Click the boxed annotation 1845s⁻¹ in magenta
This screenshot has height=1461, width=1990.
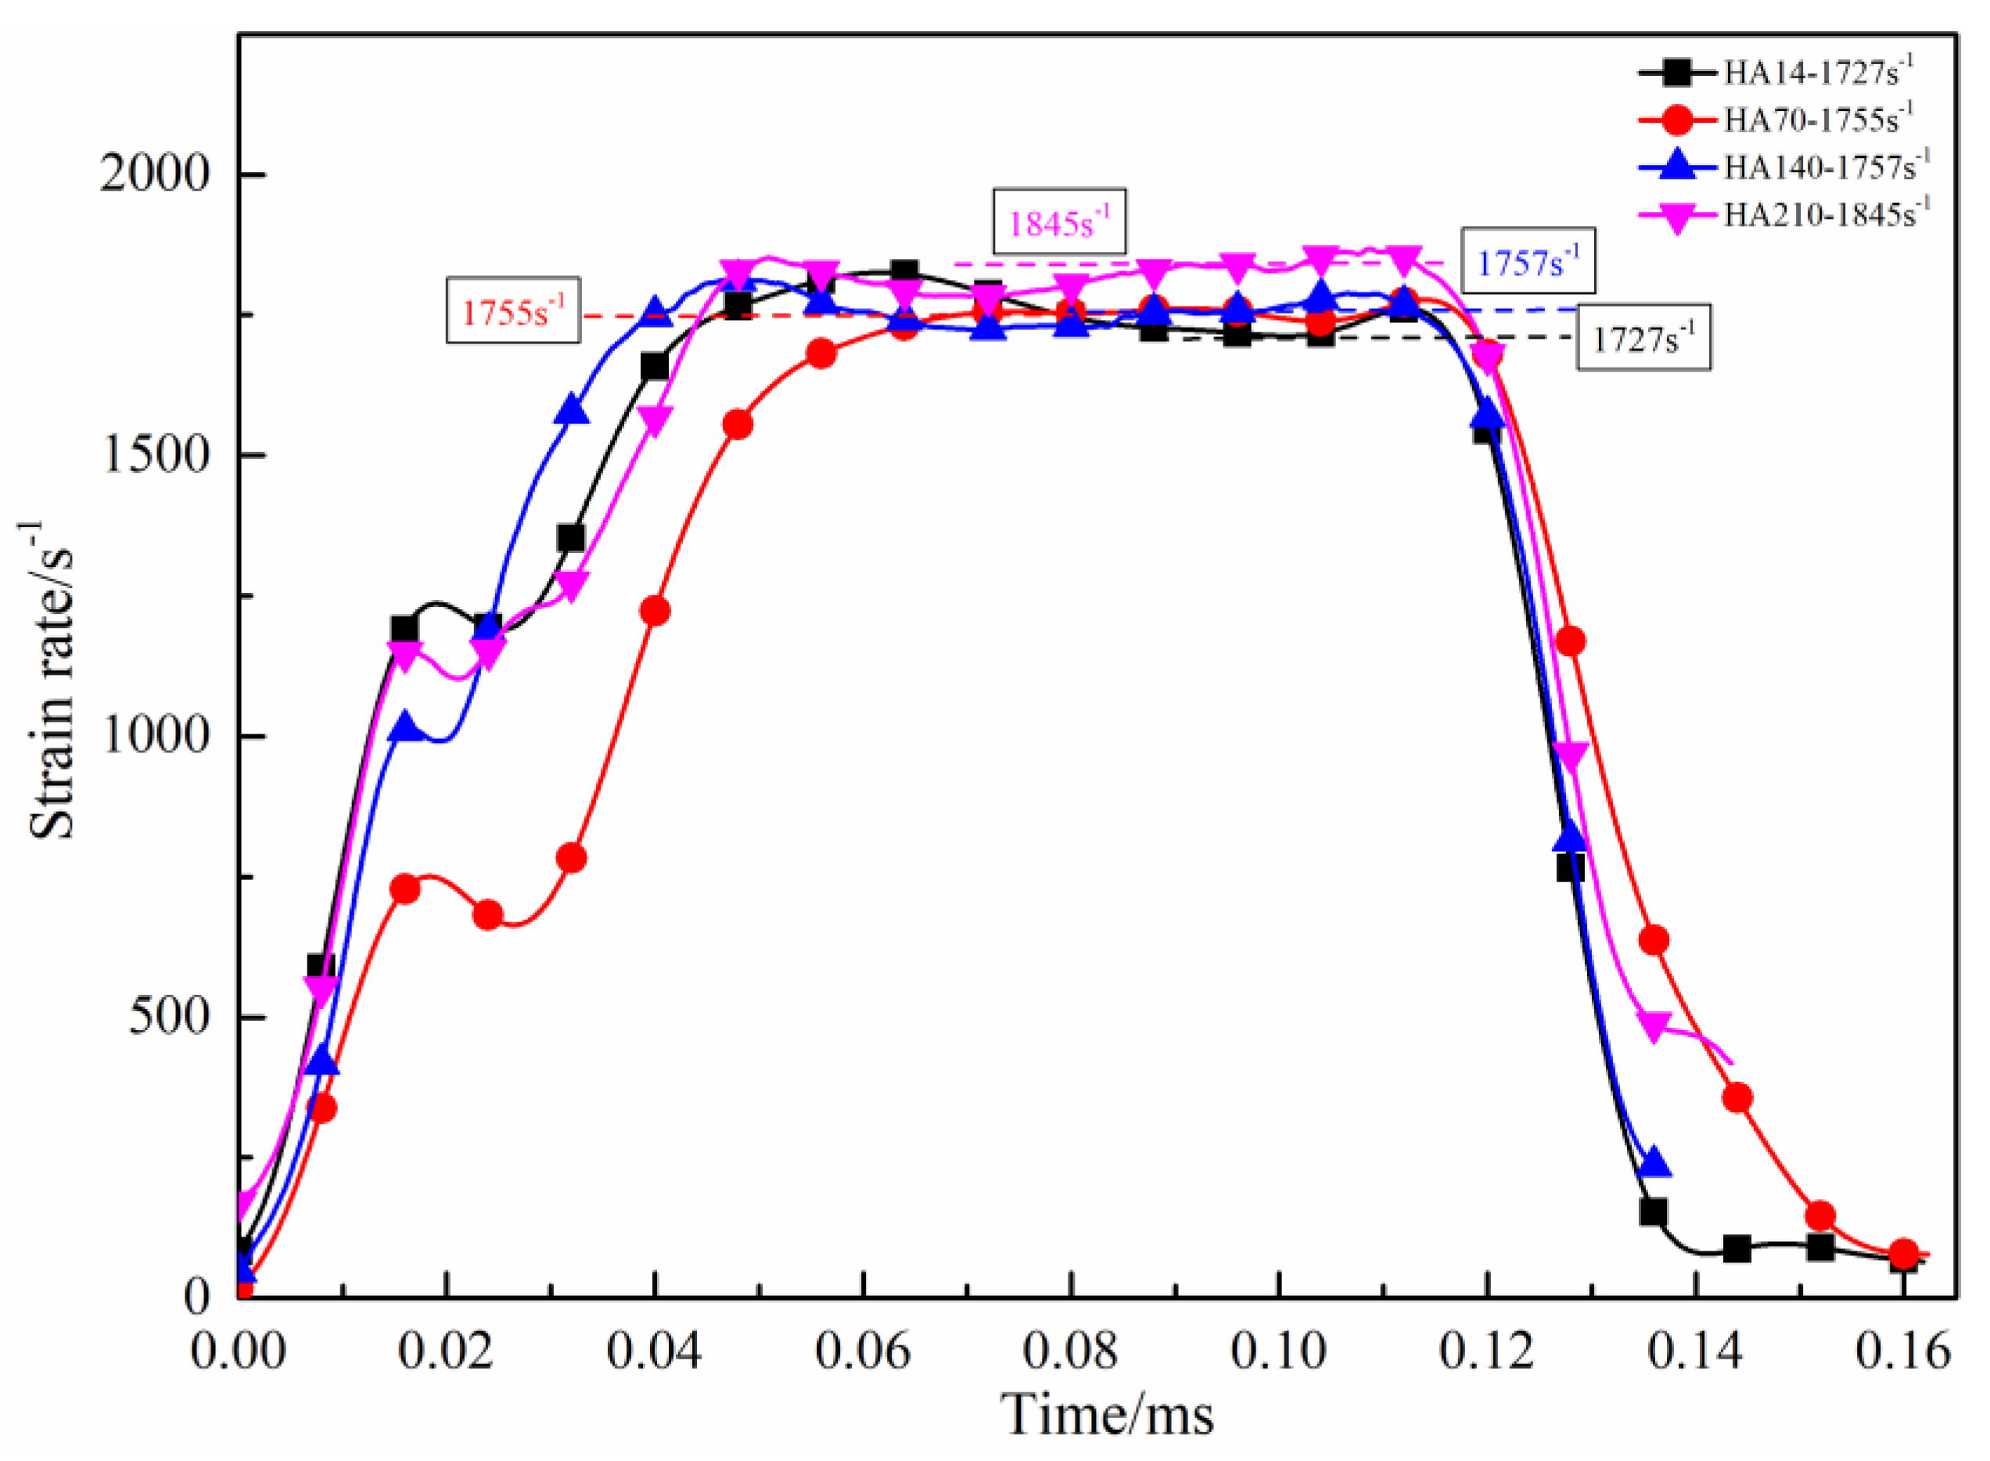coord(1058,223)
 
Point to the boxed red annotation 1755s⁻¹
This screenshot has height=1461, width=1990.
coord(513,311)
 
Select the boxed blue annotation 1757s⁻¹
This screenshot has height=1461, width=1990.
coord(1528,262)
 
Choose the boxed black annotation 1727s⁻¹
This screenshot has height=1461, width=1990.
coord(1643,338)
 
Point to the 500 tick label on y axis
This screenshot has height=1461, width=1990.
coord(170,1017)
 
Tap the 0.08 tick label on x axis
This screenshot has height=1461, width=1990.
coord(1070,1352)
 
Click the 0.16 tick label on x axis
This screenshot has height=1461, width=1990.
coord(1902,1352)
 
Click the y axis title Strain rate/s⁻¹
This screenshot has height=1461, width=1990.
coord(49,681)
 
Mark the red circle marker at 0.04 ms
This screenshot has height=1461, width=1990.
coord(655,611)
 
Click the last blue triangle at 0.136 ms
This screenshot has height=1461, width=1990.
coord(1653,1163)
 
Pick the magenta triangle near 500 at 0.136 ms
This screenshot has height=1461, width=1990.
coord(1653,1026)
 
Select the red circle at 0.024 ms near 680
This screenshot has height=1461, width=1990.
coord(487,915)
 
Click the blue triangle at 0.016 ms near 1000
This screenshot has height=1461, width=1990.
coord(405,727)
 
